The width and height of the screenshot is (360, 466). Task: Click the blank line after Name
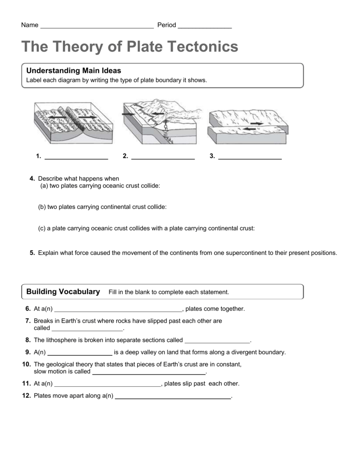coord(97,26)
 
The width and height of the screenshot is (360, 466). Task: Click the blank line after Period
coord(205,26)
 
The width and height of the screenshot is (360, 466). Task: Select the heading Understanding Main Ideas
coord(74,71)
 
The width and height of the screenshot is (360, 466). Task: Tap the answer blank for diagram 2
coord(162,158)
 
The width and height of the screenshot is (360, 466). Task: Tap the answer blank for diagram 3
coord(250,158)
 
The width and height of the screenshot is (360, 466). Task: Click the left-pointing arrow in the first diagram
coord(58,117)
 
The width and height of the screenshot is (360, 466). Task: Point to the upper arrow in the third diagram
coord(256,123)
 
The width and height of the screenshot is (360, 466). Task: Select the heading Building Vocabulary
coord(63,292)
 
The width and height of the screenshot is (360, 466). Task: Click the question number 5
coord(32,253)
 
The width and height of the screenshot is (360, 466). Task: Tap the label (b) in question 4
coord(42,207)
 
